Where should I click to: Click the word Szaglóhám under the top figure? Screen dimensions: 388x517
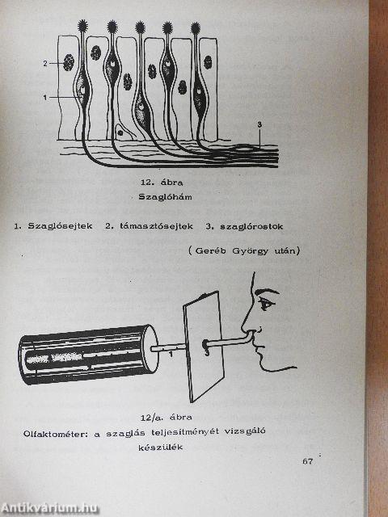[x=165, y=197]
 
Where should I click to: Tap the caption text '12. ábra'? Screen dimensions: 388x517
[x=162, y=182]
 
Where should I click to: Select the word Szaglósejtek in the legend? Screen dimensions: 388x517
[x=60, y=226]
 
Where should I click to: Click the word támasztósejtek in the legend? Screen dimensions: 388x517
[x=156, y=226]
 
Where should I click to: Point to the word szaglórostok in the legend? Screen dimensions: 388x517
[x=251, y=226]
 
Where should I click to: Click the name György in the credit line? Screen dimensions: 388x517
[x=248, y=251]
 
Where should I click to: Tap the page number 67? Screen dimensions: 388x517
[x=307, y=461]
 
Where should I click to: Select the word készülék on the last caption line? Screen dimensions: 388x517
[x=161, y=448]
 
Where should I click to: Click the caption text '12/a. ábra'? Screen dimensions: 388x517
[x=167, y=418]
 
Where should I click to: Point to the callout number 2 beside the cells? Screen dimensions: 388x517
[x=45, y=63]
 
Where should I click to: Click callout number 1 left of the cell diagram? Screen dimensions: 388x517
[x=45, y=98]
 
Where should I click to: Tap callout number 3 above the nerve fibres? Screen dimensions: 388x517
[x=259, y=124]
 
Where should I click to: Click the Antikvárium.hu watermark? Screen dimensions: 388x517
[x=49, y=508]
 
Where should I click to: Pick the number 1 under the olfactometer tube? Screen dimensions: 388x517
[x=171, y=355]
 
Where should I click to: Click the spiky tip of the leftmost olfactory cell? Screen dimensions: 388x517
[x=82, y=25]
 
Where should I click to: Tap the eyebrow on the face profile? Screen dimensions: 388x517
[x=268, y=292]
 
